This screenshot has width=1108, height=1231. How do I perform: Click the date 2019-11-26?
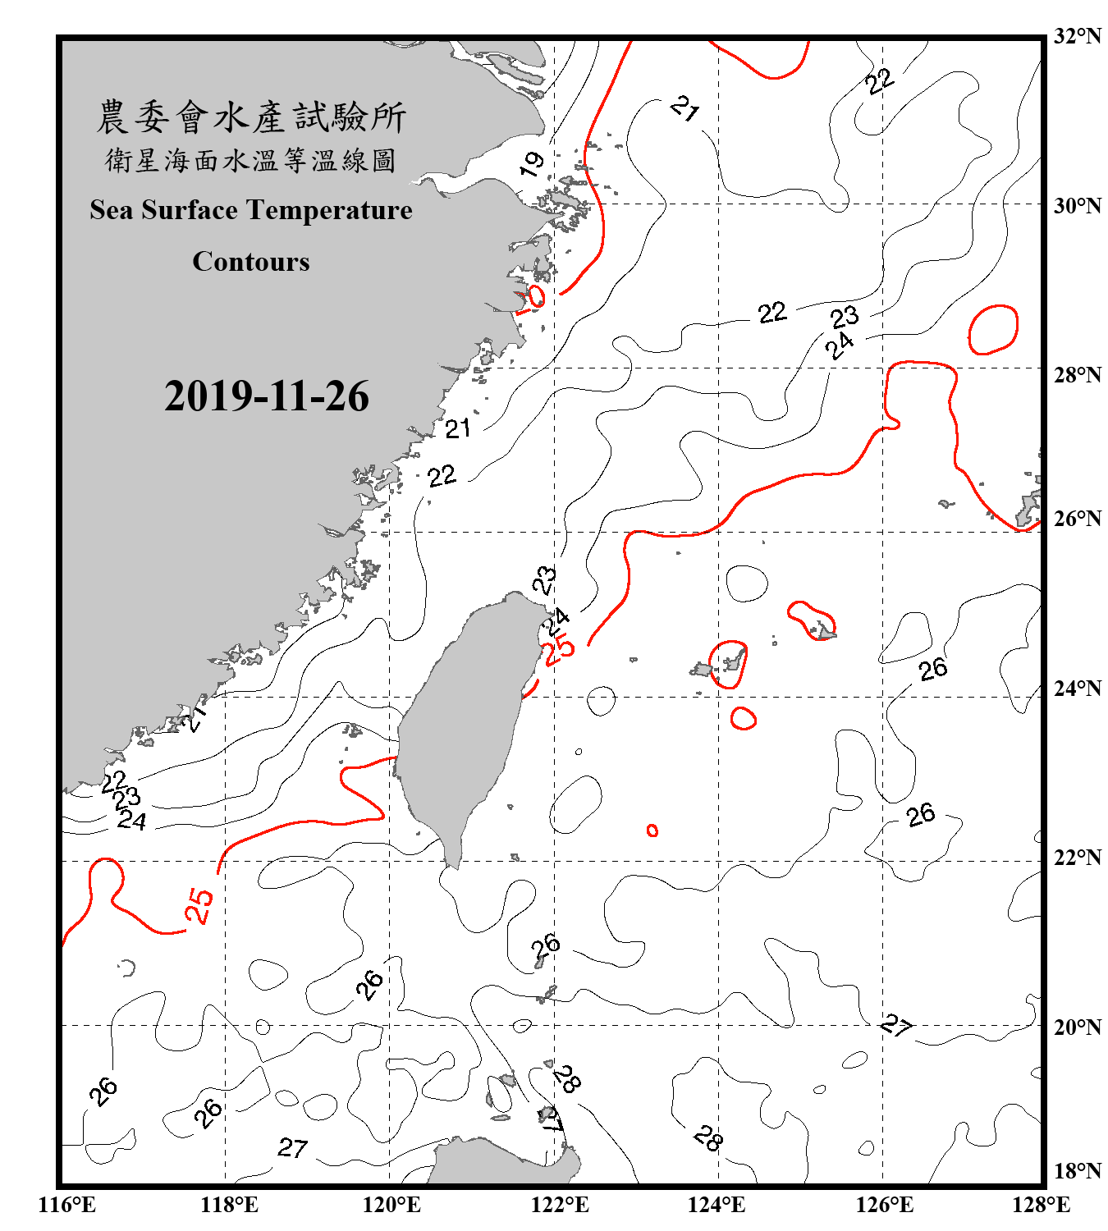click(266, 396)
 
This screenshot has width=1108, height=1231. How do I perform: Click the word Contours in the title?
click(251, 262)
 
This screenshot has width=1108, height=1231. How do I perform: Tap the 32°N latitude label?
click(1077, 36)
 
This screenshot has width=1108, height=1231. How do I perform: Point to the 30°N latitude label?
click(1077, 205)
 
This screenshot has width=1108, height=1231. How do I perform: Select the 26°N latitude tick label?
click(1077, 519)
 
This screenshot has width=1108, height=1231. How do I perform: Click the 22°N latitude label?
click(1077, 858)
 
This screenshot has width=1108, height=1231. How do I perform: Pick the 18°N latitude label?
click(1077, 1171)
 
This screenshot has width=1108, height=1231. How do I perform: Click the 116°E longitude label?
click(66, 1205)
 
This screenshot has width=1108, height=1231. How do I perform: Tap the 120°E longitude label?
click(391, 1205)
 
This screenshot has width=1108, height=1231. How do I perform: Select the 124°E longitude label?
click(717, 1205)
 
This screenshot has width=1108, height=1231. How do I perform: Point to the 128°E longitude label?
click(1041, 1205)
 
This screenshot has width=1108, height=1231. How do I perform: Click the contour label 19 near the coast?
click(532, 163)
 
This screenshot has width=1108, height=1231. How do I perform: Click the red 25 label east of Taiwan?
click(559, 649)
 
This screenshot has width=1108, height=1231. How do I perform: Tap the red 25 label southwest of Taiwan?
click(199, 906)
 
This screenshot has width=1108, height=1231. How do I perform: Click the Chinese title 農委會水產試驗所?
click(251, 117)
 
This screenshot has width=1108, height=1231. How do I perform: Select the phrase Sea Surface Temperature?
click(251, 210)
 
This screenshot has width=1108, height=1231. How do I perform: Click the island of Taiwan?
click(460, 722)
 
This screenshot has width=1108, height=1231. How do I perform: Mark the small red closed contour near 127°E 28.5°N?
click(993, 329)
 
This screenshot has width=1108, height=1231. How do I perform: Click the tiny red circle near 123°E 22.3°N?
click(652, 831)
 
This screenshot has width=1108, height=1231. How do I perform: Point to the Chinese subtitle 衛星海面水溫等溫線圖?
click(251, 160)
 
